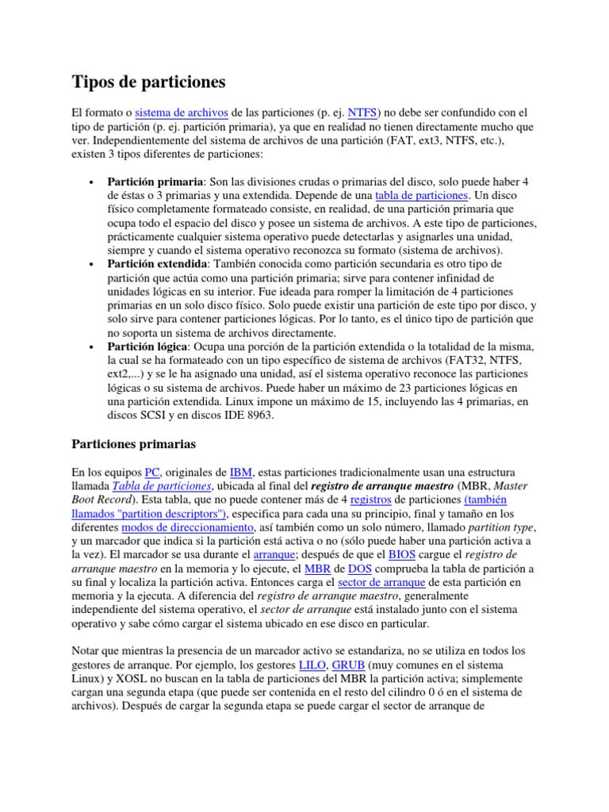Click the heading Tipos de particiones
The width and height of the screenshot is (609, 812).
click(x=149, y=82)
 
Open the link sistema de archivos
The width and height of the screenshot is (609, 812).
click(x=182, y=113)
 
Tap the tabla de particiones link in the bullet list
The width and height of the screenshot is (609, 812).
click(x=423, y=195)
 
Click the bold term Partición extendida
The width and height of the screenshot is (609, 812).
click(x=158, y=263)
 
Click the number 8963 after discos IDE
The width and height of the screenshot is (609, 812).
click(x=256, y=416)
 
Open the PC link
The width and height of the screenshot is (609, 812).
click(x=153, y=472)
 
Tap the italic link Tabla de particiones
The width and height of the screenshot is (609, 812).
click(x=162, y=486)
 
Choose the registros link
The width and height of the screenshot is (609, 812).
click(x=370, y=500)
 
